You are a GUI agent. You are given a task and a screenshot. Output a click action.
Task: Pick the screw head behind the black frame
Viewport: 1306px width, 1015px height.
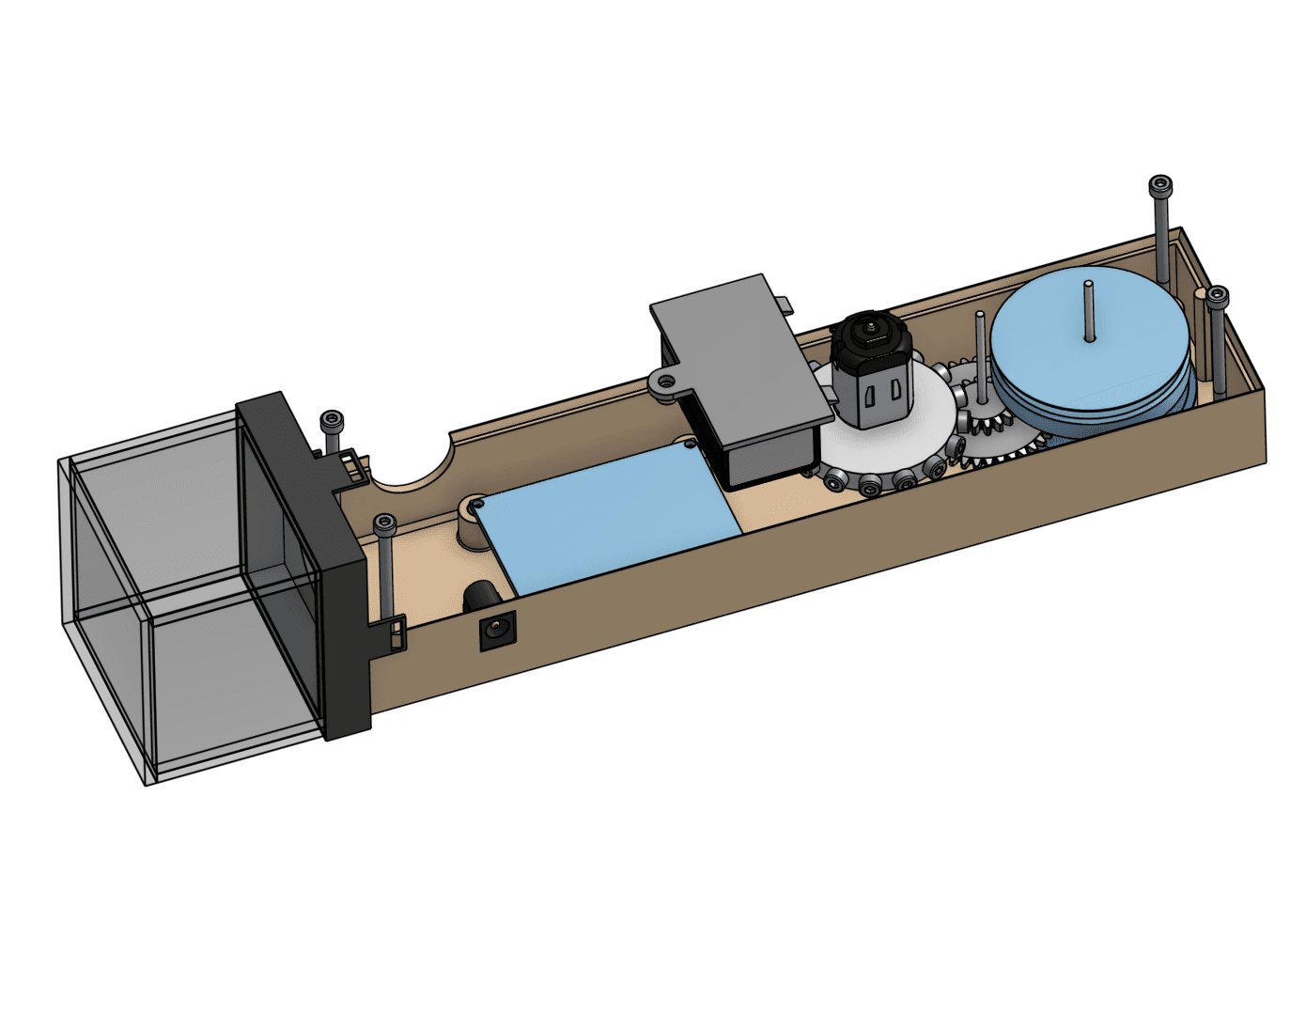tap(332, 421)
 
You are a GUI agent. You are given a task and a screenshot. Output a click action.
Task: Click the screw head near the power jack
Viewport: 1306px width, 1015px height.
tap(384, 523)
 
